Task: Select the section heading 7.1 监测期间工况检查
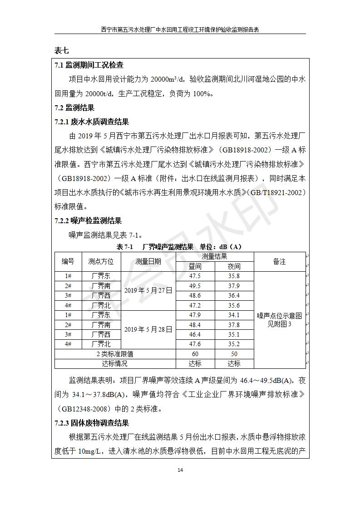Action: click(89, 65)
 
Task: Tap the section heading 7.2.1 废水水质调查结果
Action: click(92, 122)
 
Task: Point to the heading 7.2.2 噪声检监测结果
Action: click(88, 221)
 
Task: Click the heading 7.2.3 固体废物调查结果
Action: click(92, 423)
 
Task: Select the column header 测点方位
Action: click(101, 262)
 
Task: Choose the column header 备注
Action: click(279, 262)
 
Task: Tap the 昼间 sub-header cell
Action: click(195, 267)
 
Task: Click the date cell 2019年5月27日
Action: click(148, 291)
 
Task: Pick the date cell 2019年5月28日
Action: click(148, 329)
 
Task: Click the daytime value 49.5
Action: click(195, 286)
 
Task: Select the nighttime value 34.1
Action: click(234, 315)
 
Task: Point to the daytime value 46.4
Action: click(195, 334)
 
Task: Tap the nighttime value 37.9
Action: click(234, 286)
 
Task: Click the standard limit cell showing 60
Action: click(195, 354)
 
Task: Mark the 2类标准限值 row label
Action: click(115, 354)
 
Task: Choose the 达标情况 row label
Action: click(115, 363)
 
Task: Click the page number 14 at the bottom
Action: click(180, 470)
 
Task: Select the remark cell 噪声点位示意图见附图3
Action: click(279, 320)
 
